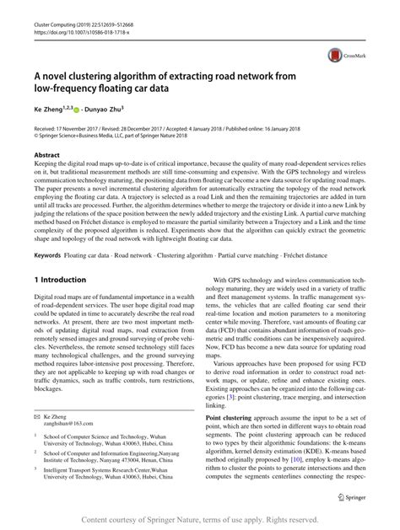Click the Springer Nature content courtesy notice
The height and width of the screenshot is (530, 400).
click(199, 519)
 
